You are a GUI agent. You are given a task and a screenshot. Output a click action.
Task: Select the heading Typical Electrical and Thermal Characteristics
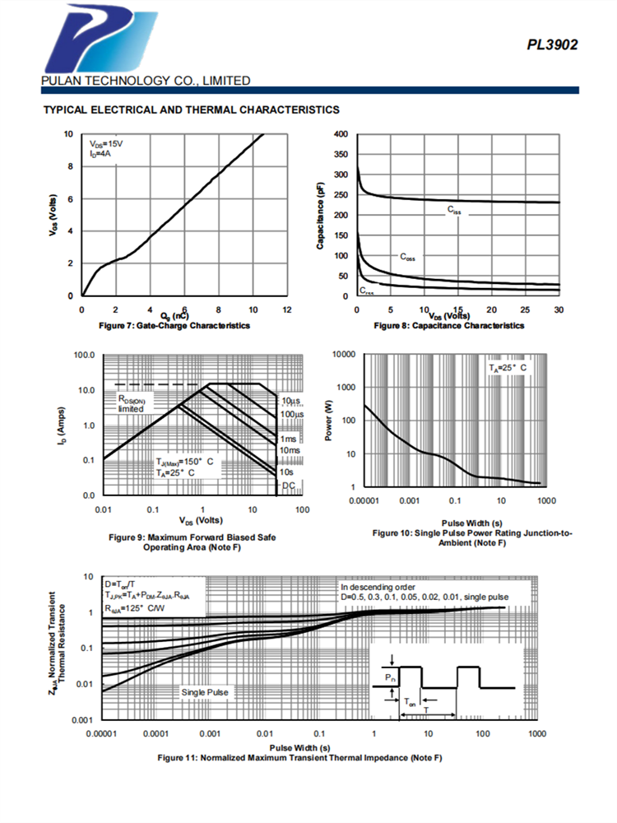coord(191,109)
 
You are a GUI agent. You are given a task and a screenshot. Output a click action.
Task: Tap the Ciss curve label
coord(455,211)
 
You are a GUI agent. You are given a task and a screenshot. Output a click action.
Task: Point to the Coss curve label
coord(407,257)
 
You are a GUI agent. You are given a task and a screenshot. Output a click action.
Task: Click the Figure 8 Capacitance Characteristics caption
coord(448,326)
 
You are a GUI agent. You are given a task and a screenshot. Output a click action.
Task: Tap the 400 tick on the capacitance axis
coord(341,134)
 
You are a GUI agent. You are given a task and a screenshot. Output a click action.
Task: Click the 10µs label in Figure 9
coord(288,401)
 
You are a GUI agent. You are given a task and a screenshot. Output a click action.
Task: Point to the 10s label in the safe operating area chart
coord(287,472)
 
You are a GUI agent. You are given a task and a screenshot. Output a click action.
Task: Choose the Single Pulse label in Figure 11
coord(205,692)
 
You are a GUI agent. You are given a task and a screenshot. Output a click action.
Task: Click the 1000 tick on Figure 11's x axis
coord(536,732)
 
